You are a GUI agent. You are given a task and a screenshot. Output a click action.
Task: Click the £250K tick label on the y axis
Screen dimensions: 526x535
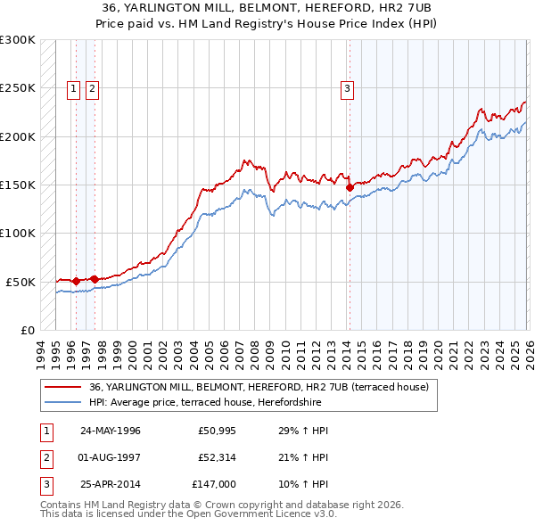tap(18, 88)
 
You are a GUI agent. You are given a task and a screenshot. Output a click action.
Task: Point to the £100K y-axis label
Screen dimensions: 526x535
tap(18, 233)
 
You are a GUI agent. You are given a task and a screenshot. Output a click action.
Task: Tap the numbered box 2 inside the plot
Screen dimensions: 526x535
tap(92, 88)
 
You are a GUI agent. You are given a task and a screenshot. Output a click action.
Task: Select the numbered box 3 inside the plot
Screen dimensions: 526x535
tap(346, 88)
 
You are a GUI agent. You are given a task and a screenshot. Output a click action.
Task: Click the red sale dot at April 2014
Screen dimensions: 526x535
tap(350, 187)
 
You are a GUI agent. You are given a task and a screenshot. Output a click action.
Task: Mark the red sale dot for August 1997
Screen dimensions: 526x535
tap(95, 279)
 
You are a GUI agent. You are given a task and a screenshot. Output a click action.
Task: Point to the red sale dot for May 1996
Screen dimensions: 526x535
tap(76, 281)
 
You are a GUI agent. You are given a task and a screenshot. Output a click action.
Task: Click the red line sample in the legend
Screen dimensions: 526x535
tap(63, 387)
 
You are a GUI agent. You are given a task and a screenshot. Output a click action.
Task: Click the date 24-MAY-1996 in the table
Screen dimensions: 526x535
tap(111, 431)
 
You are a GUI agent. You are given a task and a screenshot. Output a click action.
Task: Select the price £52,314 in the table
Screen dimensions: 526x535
tap(214, 457)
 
